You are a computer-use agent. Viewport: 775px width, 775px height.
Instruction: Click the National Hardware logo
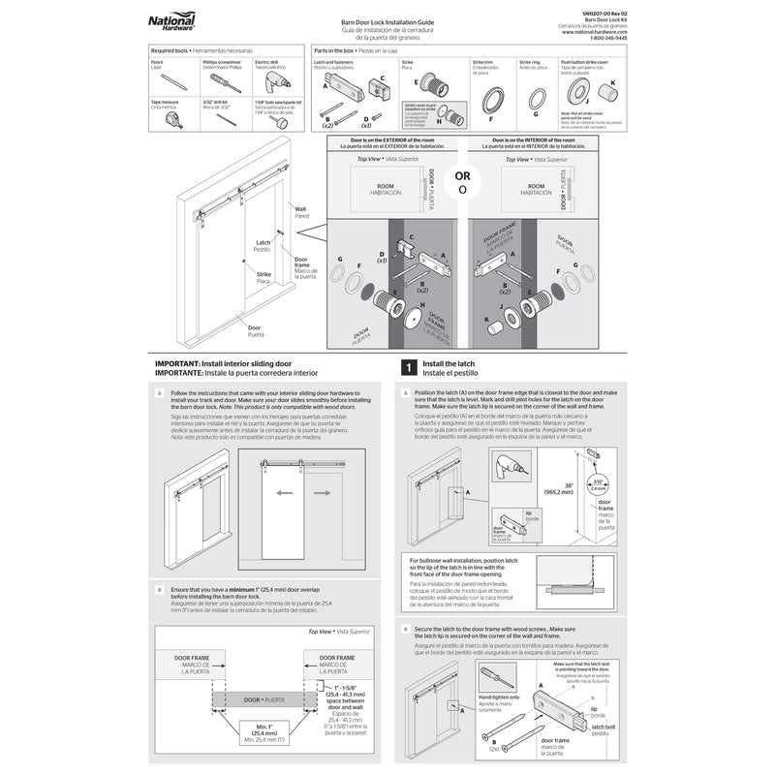(x=171, y=21)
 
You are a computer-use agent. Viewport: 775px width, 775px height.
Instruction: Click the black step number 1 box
(x=409, y=368)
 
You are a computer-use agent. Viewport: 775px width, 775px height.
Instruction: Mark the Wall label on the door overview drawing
(x=299, y=208)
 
